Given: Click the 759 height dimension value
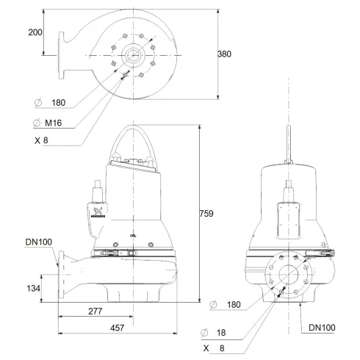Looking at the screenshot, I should [x=206, y=214].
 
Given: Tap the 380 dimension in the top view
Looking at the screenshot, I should [x=227, y=54].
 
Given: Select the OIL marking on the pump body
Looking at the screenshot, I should [x=132, y=234].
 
